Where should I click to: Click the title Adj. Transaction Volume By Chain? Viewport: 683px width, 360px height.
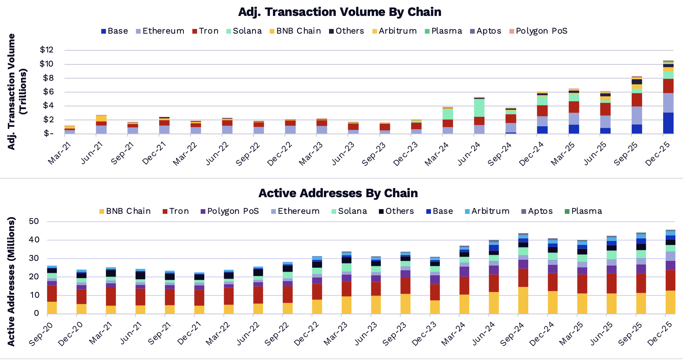click(x=340, y=12)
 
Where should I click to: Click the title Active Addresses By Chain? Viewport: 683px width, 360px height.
click(x=338, y=193)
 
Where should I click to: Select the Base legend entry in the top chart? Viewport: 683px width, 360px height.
click(x=115, y=31)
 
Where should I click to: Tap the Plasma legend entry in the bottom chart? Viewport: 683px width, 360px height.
click(x=583, y=211)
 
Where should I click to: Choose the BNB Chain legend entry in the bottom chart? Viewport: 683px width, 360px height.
click(x=125, y=211)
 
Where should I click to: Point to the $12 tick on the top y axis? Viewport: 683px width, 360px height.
click(x=47, y=50)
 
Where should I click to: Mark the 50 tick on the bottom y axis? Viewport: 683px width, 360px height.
click(x=34, y=221)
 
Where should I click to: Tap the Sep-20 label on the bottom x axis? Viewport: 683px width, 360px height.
click(x=40, y=334)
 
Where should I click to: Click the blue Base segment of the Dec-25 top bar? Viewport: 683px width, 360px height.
click(x=668, y=123)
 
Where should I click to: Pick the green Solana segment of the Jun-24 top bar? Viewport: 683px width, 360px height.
click(x=479, y=108)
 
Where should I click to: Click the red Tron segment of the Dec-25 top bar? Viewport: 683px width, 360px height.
click(x=668, y=86)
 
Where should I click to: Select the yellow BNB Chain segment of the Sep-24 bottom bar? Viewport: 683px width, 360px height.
click(x=523, y=300)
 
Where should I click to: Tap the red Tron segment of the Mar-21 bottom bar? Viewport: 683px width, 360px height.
click(x=111, y=296)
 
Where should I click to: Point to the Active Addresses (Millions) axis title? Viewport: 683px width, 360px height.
click(x=11, y=281)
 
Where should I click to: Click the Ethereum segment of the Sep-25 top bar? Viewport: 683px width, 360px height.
click(x=637, y=115)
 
